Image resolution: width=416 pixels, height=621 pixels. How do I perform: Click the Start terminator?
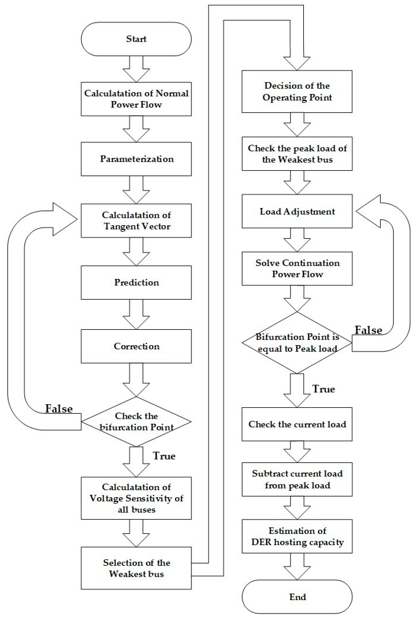pyautogui.click(x=136, y=39)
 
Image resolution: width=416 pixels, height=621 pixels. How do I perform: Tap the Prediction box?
pyautogui.click(x=136, y=282)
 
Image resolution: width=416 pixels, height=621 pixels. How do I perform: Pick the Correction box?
pyautogui.click(x=136, y=346)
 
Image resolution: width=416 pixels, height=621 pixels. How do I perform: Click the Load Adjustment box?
pyautogui.click(x=297, y=211)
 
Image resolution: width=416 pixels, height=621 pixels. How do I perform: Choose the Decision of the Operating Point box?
pyautogui.click(x=297, y=92)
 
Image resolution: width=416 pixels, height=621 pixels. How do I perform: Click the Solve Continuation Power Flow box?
pyautogui.click(x=297, y=269)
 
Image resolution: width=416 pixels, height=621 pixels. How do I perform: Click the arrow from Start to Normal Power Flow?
pyautogui.click(x=136, y=69)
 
